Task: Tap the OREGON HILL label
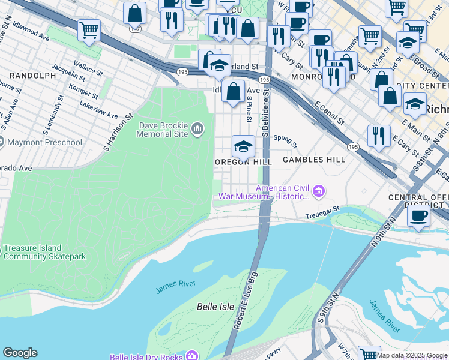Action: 243,162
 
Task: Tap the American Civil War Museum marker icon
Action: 319,192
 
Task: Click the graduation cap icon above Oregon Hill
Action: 243,147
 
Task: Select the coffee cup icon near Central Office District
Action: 418,215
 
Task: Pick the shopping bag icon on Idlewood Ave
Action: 234,92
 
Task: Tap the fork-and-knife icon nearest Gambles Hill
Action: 379,135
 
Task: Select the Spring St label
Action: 285,141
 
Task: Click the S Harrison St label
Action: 118,133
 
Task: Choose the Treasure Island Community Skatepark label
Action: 44,253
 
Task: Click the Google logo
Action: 20,353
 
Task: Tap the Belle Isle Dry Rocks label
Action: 146,357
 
